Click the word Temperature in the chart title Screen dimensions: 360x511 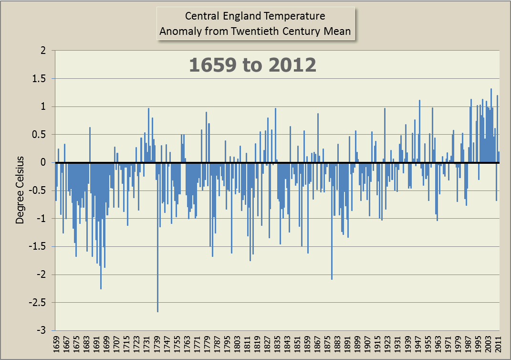coord(296,16)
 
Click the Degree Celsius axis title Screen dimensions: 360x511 coord(20,189)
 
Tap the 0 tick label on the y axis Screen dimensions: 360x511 coord(47,163)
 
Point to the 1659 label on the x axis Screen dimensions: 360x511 coord(56,345)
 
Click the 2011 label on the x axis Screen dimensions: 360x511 coord(498,345)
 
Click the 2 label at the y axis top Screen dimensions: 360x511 coord(47,51)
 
